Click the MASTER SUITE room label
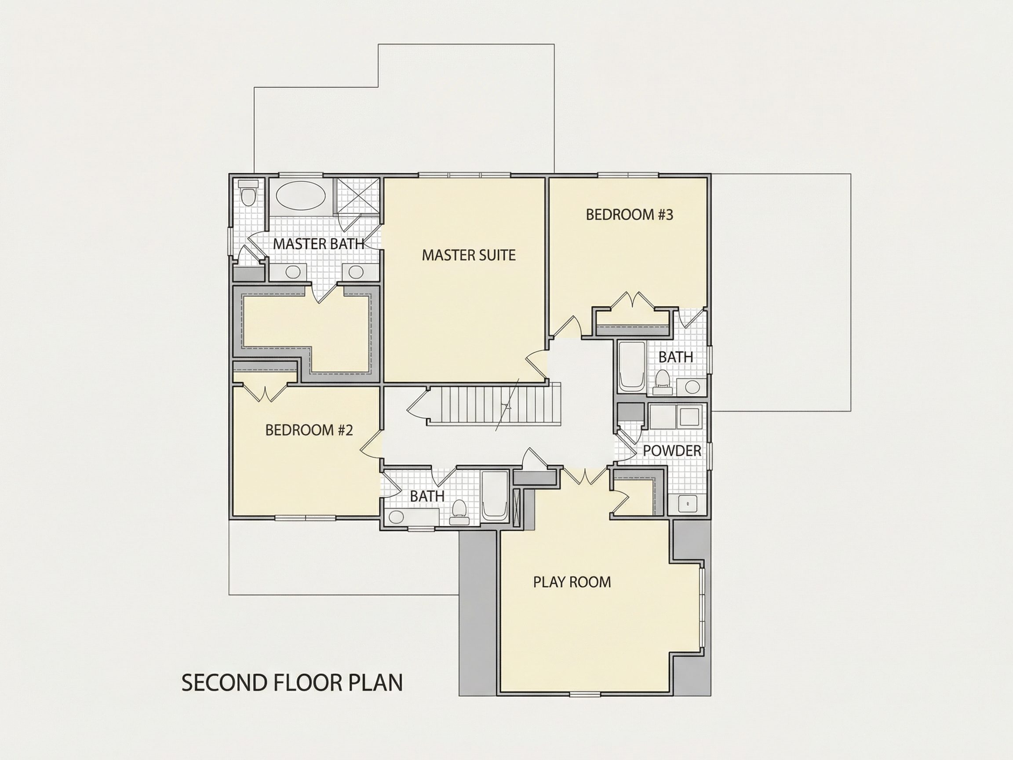point(469,255)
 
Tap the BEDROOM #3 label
point(629,215)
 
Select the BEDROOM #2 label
point(309,430)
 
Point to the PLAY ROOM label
point(572,582)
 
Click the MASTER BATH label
point(319,244)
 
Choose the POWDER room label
point(672,451)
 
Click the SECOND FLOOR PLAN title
point(292,683)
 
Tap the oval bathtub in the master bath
point(300,195)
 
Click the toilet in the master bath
point(248,192)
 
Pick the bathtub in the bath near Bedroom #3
point(632,366)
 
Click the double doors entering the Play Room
point(585,476)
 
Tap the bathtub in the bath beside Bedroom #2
point(495,496)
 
